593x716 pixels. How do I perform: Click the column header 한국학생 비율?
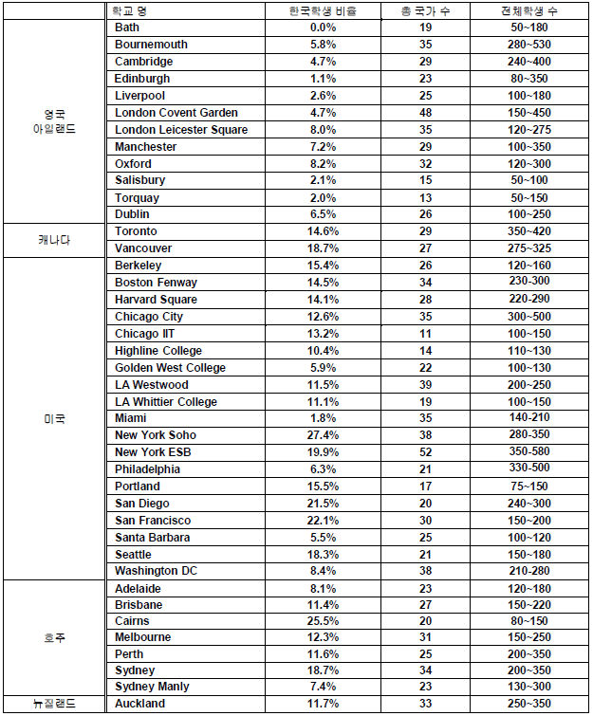(323, 11)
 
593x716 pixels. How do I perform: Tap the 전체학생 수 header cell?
(528, 11)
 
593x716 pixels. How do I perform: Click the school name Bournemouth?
(151, 45)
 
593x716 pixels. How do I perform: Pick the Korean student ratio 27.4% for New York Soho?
(323, 435)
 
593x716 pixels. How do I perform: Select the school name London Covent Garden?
(176, 113)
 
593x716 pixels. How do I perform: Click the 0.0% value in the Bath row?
(323, 28)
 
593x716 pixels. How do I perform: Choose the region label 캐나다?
(53, 240)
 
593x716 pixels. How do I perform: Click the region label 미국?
(53, 418)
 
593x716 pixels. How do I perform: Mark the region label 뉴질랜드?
(53, 704)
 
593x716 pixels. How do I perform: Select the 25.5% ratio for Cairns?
(323, 621)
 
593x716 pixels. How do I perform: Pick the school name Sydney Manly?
(152, 687)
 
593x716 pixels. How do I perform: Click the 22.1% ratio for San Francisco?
(323, 521)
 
